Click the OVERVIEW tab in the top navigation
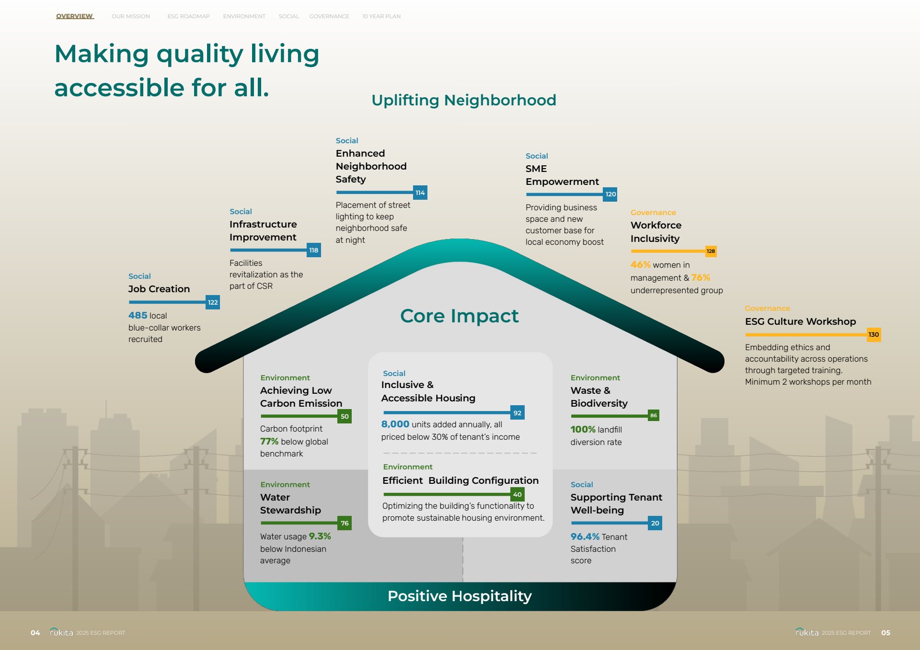click(x=74, y=16)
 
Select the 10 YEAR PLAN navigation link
click(x=381, y=16)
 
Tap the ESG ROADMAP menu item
click(x=188, y=16)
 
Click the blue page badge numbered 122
click(x=213, y=302)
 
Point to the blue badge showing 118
click(x=314, y=250)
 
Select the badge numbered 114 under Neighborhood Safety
click(x=420, y=193)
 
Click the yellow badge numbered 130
click(x=874, y=334)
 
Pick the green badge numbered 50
click(x=345, y=416)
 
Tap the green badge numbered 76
click(x=345, y=523)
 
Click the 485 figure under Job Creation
click(x=138, y=315)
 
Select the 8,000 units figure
click(x=395, y=424)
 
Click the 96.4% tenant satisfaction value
click(x=585, y=536)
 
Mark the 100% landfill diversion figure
click(x=583, y=429)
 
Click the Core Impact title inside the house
click(x=460, y=316)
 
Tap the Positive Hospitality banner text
click(x=460, y=596)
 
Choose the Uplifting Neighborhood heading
click(x=464, y=100)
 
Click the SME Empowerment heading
click(x=562, y=175)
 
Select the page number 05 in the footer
click(x=885, y=633)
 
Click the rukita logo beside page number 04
click(x=61, y=632)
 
